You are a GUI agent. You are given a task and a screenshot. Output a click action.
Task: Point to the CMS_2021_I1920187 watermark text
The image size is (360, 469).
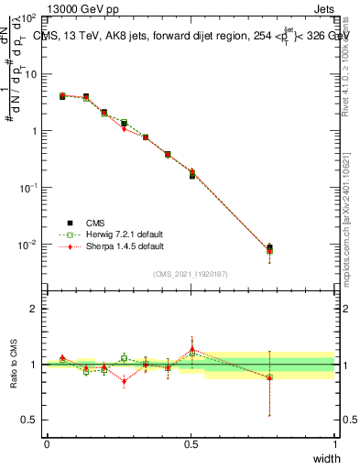pos(190,274)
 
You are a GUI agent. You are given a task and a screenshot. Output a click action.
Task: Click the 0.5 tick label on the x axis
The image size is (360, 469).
pos(191,443)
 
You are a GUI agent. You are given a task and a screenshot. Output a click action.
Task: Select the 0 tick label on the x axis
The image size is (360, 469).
pos(47,443)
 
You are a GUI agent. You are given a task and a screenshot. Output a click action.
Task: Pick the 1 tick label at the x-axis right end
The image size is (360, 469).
pos(335,443)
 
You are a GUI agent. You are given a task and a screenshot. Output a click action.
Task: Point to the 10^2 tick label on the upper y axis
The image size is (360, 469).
pos(27,17)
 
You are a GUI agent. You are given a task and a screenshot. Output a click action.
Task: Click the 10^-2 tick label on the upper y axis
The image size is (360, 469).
pos(27,245)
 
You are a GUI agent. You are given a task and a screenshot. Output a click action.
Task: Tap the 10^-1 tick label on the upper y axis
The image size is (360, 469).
pos(27,188)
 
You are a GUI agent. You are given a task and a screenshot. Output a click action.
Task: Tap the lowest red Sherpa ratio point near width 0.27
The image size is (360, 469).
pos(124,381)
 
